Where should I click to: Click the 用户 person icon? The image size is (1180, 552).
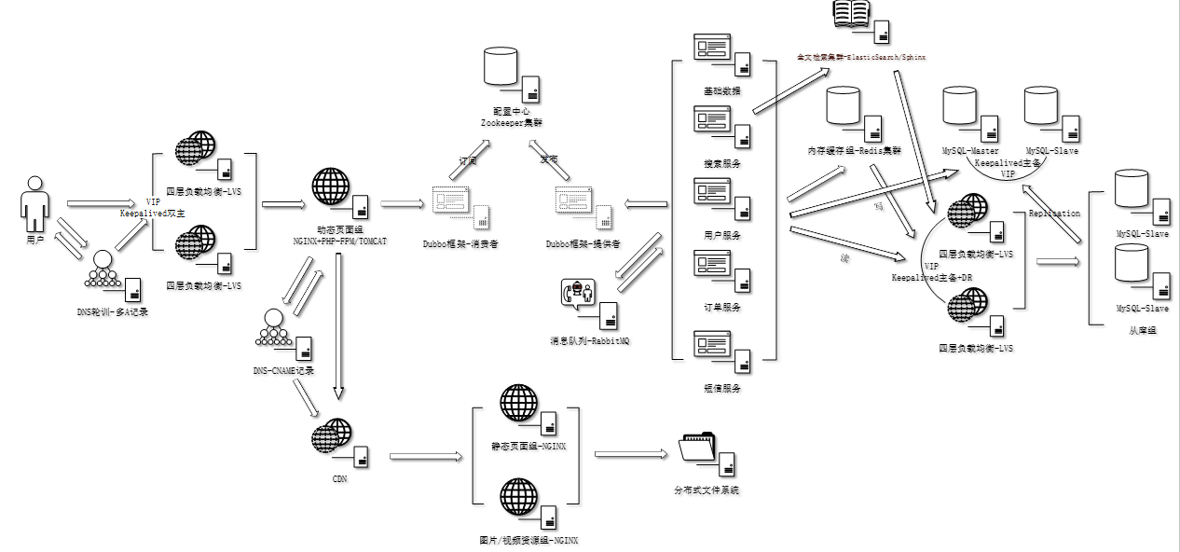tap(34, 203)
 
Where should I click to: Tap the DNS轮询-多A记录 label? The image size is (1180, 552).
tap(113, 312)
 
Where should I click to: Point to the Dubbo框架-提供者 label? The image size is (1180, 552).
tap(583, 243)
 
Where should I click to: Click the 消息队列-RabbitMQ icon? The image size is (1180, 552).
tap(578, 295)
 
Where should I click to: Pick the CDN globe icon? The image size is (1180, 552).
tap(333, 436)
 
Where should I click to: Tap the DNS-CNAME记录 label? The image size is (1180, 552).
tap(283, 370)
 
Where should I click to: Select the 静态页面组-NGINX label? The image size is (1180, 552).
tap(529, 447)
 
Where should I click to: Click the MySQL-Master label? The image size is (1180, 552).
tap(970, 151)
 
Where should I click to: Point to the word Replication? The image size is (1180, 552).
tap(1054, 214)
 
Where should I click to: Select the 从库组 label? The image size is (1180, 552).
tap(1138, 331)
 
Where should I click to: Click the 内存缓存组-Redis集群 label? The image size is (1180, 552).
tap(855, 151)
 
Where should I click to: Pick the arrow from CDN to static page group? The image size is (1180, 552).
tap(426, 456)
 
